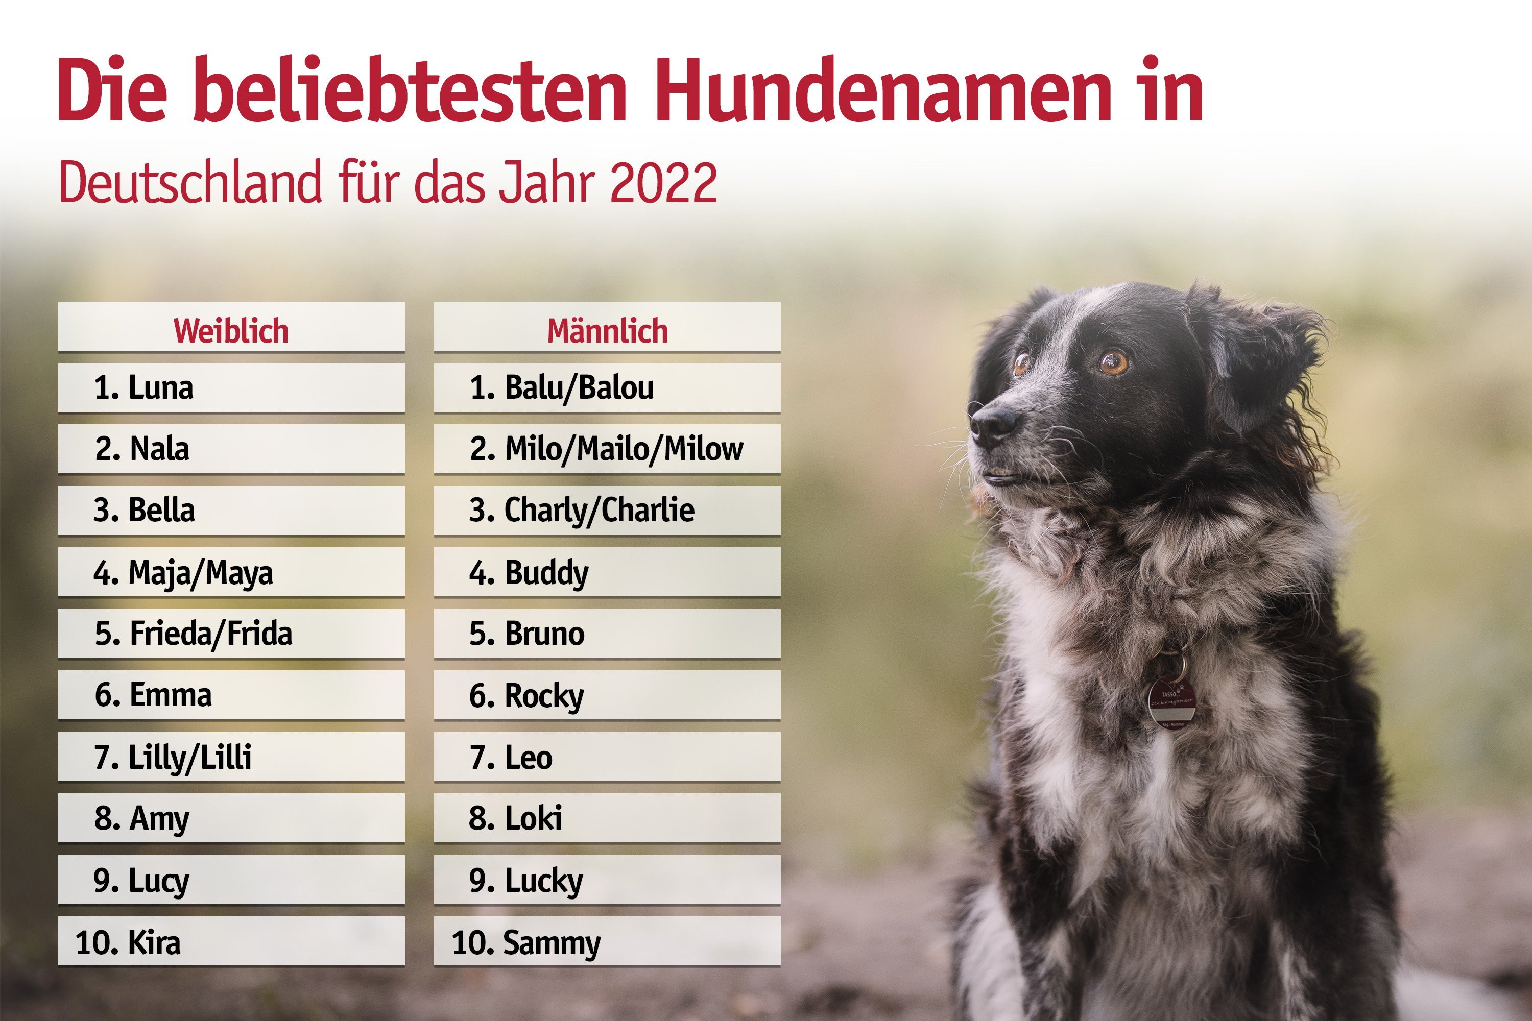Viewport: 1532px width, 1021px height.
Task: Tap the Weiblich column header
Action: click(x=231, y=330)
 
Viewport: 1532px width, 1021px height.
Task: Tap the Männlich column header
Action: click(x=607, y=330)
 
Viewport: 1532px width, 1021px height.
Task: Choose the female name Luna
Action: click(x=160, y=387)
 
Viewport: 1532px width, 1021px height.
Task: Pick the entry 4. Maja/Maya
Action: click(x=183, y=573)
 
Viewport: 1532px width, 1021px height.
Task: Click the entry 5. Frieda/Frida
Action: click(x=194, y=634)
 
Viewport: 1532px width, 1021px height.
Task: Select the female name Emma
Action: click(x=170, y=695)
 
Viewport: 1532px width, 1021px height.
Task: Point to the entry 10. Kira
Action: click(x=128, y=942)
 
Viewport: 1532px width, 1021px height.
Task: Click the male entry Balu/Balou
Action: click(x=579, y=387)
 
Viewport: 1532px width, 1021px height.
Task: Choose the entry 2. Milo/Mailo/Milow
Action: click(x=607, y=449)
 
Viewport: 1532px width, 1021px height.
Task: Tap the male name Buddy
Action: click(x=546, y=573)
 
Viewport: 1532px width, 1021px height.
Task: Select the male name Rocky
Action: click(x=544, y=695)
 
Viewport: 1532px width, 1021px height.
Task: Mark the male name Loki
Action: click(x=533, y=818)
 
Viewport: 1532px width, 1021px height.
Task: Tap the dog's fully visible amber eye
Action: click(x=1113, y=361)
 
